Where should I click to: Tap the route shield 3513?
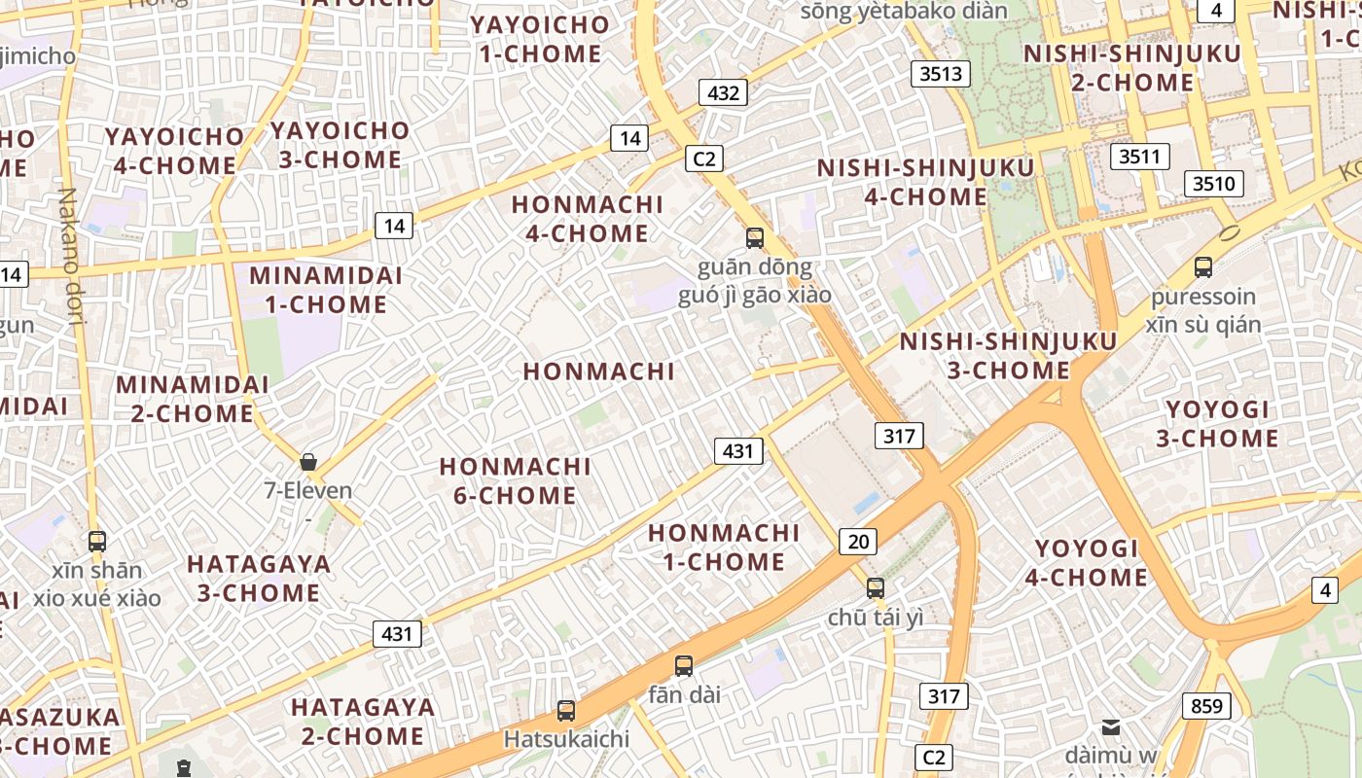click(x=941, y=74)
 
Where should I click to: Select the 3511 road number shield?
click(x=1139, y=156)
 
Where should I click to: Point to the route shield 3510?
click(x=1213, y=183)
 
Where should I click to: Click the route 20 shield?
click(x=857, y=542)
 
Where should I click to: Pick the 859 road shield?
click(x=1206, y=706)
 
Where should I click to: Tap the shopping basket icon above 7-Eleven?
click(x=308, y=462)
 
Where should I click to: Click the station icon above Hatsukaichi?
click(x=566, y=711)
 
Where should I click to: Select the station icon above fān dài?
click(x=684, y=666)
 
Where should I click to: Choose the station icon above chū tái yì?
click(x=876, y=587)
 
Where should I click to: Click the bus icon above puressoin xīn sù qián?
click(x=1203, y=267)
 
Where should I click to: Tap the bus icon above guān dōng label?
click(x=754, y=237)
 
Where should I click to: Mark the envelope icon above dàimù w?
click(x=1110, y=727)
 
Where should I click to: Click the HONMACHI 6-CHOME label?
click(x=515, y=481)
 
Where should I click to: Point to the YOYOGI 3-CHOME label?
click(x=1217, y=424)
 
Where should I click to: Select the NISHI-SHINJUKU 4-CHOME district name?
click(x=925, y=183)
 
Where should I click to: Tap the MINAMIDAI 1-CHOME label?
click(x=326, y=290)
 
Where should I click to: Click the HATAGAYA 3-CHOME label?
click(x=259, y=579)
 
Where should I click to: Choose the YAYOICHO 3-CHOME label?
click(x=340, y=145)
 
